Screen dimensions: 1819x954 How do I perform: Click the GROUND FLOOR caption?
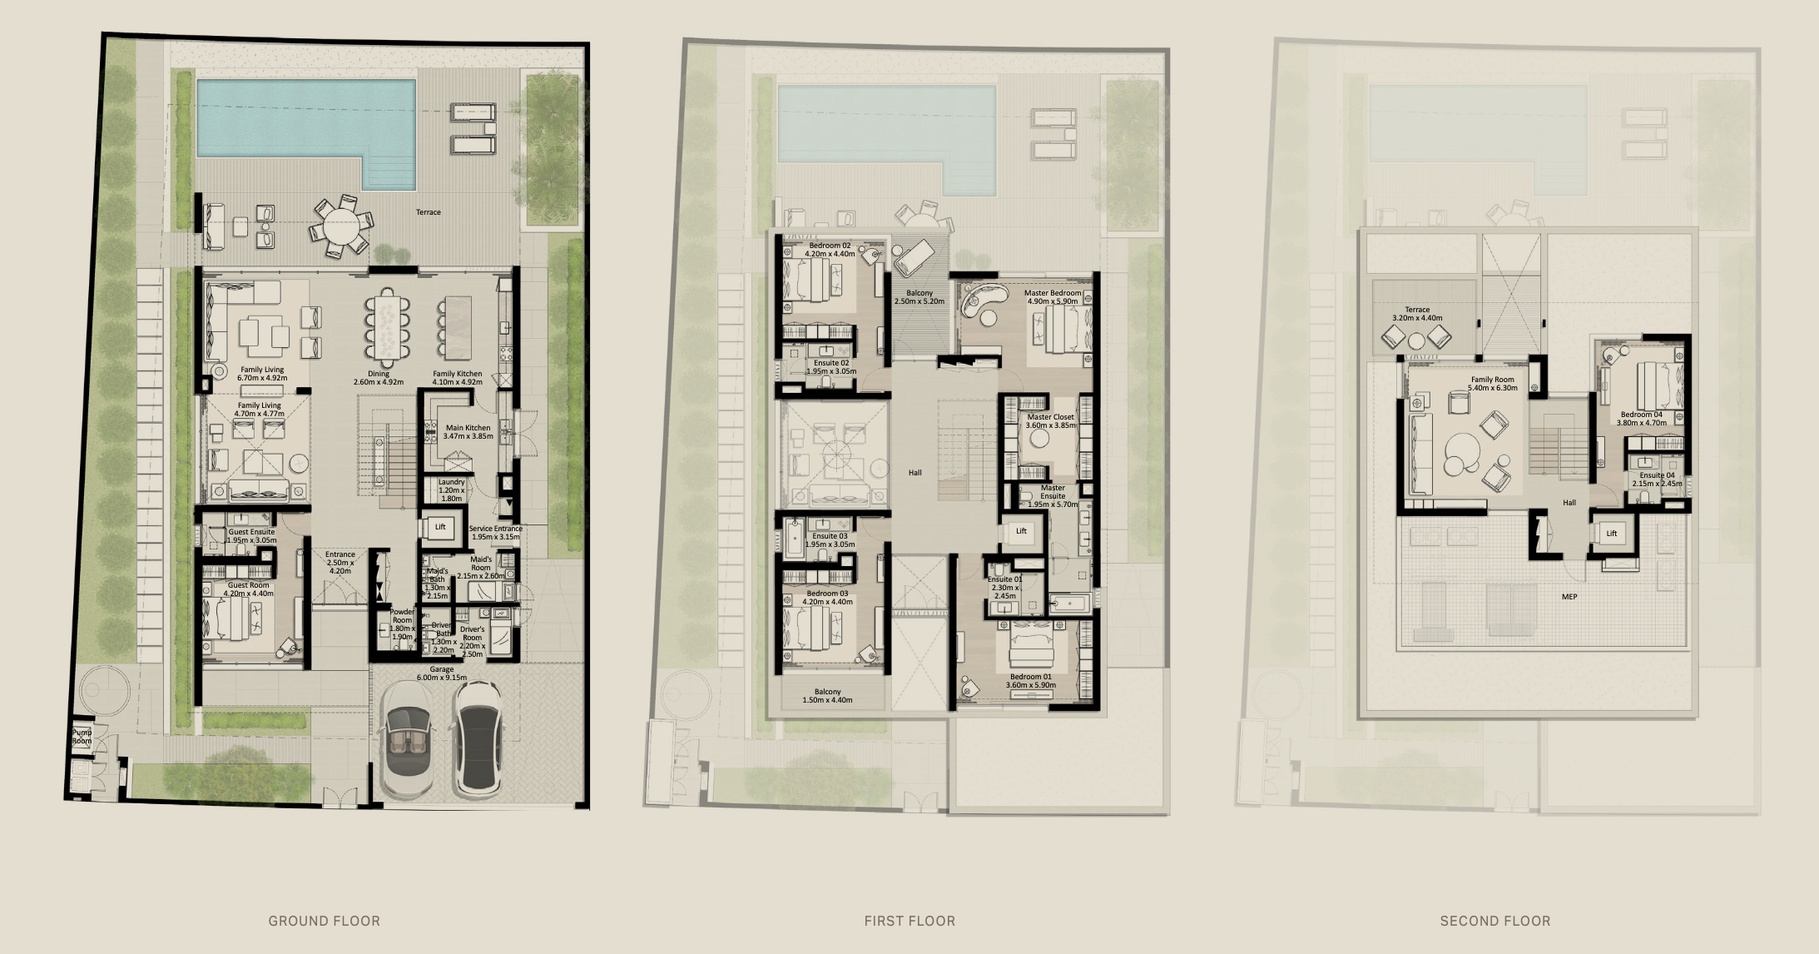[324, 921]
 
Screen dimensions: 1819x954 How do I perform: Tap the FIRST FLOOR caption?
[909, 921]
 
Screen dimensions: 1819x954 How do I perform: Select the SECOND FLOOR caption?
[1495, 921]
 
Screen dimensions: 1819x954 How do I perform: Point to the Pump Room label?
[82, 737]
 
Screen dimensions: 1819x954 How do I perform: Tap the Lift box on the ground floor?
[439, 528]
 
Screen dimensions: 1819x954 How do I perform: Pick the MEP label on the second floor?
[1569, 596]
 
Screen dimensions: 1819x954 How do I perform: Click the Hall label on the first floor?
[914, 473]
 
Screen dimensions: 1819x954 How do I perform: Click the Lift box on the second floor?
[1611, 534]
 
